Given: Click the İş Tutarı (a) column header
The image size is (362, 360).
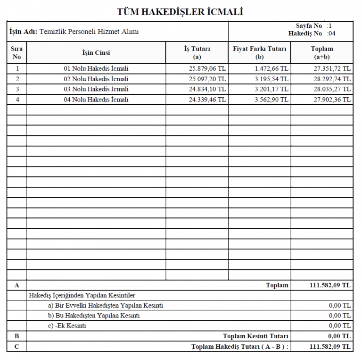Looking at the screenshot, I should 197,52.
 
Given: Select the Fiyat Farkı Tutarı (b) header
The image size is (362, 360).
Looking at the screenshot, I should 259,52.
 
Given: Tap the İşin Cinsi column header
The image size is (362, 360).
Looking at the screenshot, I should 96,53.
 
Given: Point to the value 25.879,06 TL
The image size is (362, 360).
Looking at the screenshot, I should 207,68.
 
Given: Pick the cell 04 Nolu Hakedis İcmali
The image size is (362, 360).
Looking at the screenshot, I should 96,100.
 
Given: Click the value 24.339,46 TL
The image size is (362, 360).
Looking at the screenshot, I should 207,100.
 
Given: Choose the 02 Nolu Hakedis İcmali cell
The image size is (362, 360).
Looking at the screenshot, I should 96,79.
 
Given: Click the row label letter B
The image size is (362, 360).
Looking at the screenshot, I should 17,336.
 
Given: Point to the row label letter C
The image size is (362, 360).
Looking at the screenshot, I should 17,347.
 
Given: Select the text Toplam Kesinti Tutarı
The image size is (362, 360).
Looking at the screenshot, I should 255,336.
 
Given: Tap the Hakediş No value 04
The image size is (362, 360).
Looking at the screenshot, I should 332,33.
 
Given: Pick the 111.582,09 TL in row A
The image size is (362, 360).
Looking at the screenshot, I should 330,285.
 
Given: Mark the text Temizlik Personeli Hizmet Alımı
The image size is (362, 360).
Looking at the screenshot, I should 89,32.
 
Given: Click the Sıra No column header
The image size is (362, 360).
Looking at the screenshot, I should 17,52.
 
